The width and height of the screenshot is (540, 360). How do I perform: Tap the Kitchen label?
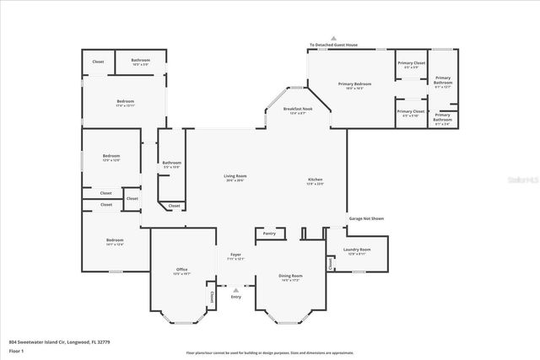315,180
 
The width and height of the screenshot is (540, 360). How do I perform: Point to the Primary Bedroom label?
355,83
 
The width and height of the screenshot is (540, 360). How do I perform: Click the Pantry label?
269,234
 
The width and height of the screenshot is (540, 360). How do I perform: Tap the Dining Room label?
290,277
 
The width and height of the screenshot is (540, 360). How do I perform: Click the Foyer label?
236,255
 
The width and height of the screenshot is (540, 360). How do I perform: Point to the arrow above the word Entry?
235,290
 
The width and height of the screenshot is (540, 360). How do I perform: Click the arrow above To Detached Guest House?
333,39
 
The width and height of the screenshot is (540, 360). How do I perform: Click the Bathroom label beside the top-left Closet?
141,62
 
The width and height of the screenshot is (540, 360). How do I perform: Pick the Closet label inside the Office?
210,297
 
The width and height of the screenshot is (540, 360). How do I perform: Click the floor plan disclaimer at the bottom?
270,352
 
